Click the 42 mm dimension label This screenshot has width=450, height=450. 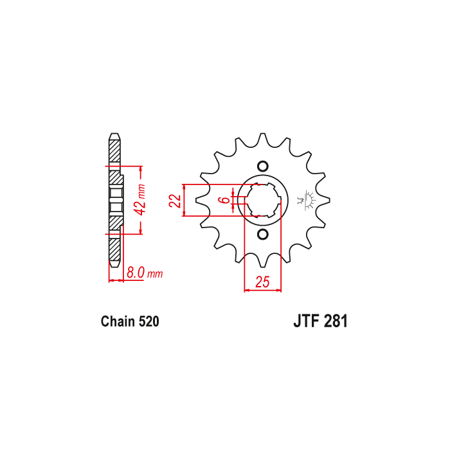tap(140, 200)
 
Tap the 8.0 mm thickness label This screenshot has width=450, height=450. tap(145, 273)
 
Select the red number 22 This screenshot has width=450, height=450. tap(175, 201)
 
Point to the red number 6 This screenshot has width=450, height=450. tap(226, 200)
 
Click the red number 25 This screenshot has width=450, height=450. tap(262, 282)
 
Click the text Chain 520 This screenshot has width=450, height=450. tap(130, 321)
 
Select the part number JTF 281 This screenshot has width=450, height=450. tap(320, 321)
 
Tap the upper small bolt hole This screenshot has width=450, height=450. tap(262, 166)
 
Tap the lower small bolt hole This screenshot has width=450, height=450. tap(262, 234)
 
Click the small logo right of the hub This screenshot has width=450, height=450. tap(307, 200)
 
